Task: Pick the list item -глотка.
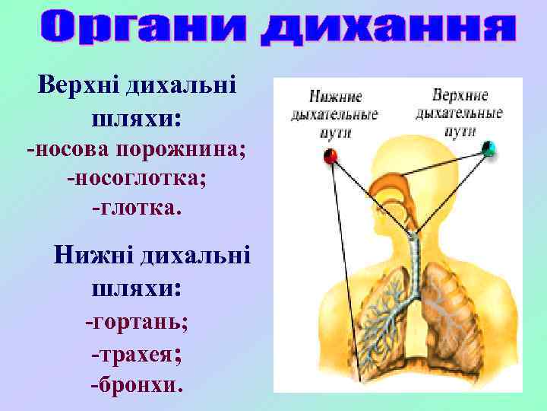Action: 137,206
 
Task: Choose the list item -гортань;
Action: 137,320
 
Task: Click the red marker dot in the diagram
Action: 330,156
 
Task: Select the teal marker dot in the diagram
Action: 489,148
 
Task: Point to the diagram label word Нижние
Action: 335,97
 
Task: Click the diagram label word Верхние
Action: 460,96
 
